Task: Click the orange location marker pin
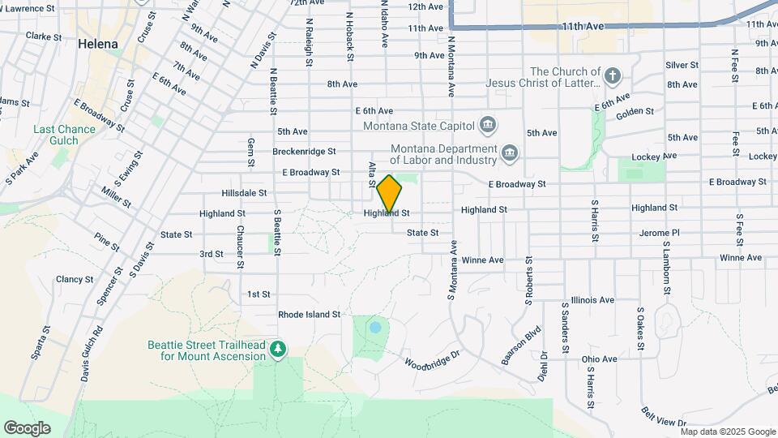click(x=390, y=193)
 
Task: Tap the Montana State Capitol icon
click(x=487, y=124)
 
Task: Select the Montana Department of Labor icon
click(x=509, y=152)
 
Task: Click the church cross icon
click(x=613, y=77)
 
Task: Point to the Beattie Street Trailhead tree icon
click(x=279, y=348)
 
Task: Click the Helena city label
click(x=98, y=44)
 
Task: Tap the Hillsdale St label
click(x=244, y=193)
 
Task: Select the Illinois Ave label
click(x=592, y=299)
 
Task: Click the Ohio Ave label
click(x=599, y=359)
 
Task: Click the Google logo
click(x=27, y=427)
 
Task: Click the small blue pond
click(x=374, y=328)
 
